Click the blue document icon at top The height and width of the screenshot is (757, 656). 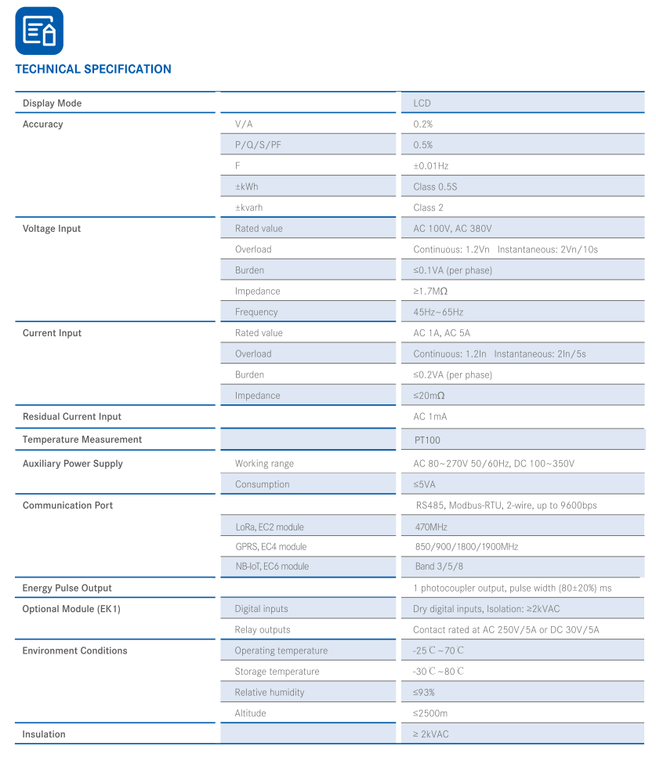click(39, 31)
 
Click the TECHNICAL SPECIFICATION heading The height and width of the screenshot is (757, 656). click(93, 69)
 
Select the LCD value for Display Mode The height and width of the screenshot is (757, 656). click(422, 103)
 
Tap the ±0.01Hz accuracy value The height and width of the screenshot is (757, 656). click(430, 166)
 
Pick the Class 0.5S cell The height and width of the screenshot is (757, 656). click(435, 187)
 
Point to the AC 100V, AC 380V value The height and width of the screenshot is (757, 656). click(452, 229)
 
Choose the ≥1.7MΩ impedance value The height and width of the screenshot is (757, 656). click(430, 292)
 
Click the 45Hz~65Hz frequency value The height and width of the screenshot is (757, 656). click(438, 312)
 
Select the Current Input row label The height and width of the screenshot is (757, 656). click(52, 333)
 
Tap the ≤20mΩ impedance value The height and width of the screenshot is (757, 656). click(429, 396)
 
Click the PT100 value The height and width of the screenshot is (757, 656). click(427, 440)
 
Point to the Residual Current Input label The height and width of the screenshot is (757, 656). click(72, 417)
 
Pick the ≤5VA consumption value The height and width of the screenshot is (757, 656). click(424, 484)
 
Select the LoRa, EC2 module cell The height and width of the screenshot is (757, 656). click(269, 527)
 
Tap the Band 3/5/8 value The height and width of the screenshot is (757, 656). click(439, 567)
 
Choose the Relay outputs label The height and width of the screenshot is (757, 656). click(262, 630)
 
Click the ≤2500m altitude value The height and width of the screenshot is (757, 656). click(430, 714)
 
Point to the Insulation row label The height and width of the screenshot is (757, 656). click(44, 734)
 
